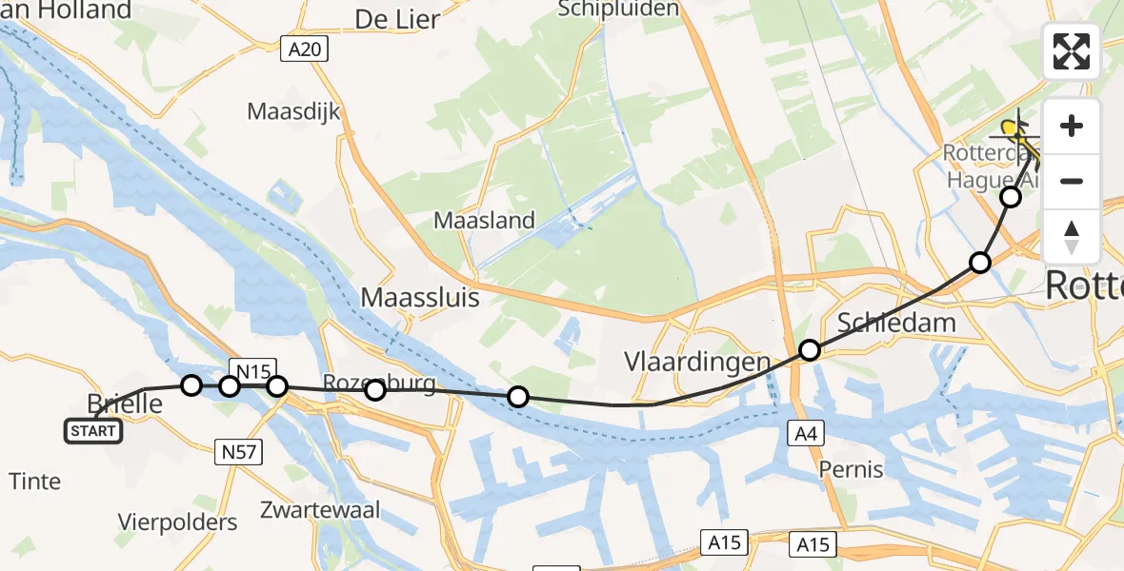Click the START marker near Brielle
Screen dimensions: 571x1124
click(x=93, y=431)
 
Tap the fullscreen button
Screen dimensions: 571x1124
click(x=1072, y=51)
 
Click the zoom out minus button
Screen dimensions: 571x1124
click(x=1072, y=181)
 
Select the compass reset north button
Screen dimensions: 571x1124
click(x=1072, y=237)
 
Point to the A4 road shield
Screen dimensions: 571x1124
click(x=804, y=433)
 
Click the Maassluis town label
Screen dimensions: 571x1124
click(x=420, y=298)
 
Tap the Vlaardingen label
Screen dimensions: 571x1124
click(x=696, y=362)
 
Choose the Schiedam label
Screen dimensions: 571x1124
click(x=895, y=323)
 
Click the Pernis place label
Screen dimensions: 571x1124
click(x=850, y=469)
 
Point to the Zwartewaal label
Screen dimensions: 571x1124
click(x=320, y=509)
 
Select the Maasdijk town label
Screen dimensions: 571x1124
click(x=293, y=111)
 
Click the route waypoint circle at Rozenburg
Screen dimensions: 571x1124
click(x=374, y=390)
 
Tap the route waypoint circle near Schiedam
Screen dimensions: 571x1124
click(x=809, y=350)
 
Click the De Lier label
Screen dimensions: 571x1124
click(x=397, y=19)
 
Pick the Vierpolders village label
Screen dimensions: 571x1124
click(x=178, y=522)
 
